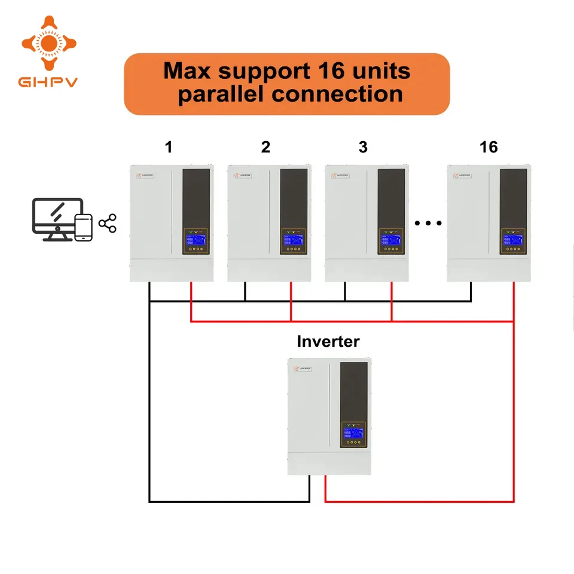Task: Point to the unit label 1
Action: click(x=169, y=147)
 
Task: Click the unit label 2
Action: click(x=265, y=147)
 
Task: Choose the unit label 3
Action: click(x=363, y=147)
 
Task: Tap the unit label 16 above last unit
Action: click(x=488, y=147)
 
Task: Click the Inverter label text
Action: click(x=328, y=341)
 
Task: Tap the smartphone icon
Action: click(x=84, y=228)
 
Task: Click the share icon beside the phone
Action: click(x=108, y=224)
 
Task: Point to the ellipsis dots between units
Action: click(x=428, y=224)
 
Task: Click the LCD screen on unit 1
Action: click(x=196, y=241)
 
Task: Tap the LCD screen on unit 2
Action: click(x=294, y=241)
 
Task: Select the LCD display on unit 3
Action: click(x=392, y=241)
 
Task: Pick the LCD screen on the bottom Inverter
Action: click(x=354, y=433)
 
